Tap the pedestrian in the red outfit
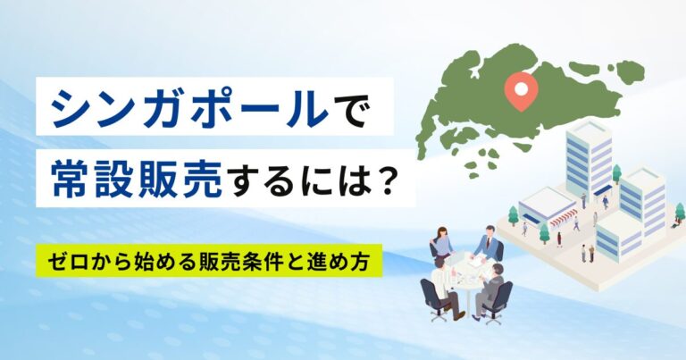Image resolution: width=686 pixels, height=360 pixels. tap(559, 239)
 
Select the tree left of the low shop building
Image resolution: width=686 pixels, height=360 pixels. tap(513, 215)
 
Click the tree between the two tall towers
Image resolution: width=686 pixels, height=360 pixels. tap(617, 173)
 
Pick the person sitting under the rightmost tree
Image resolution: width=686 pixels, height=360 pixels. tap(675, 224)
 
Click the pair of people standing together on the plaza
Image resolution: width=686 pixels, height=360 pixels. tap(587, 253)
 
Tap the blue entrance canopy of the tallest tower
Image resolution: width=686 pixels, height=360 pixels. tap(602, 190)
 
